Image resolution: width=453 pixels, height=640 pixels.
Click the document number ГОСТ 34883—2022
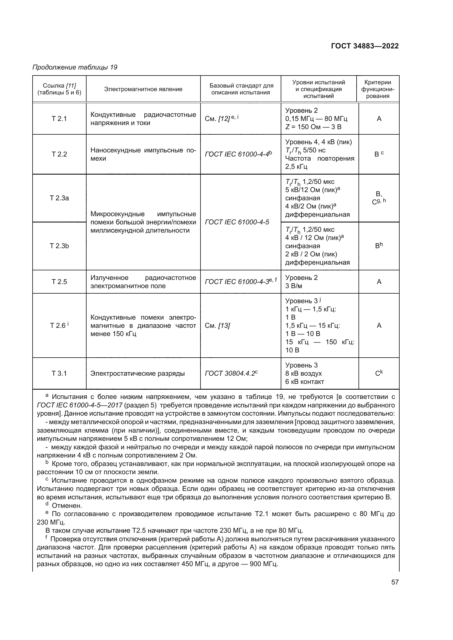tap(365, 46)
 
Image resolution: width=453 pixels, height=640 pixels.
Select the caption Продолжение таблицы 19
tap(75, 67)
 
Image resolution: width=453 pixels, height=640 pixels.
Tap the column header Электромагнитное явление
tap(143, 89)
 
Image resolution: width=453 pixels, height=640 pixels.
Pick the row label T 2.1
tap(59, 119)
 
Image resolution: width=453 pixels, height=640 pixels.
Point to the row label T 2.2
tap(59, 154)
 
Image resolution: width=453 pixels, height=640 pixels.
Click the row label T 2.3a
tap(59, 198)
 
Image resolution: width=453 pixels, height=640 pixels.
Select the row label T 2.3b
tap(59, 246)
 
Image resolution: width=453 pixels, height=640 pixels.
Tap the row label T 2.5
tap(59, 282)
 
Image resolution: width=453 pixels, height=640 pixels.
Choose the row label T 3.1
tap(59, 373)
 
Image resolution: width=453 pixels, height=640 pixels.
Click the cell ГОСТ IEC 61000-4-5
tap(237, 222)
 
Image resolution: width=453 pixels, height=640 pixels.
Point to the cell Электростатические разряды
tap(137, 373)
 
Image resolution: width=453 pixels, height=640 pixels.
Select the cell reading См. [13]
tap(217, 326)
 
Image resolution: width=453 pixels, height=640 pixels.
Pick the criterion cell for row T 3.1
tap(379, 373)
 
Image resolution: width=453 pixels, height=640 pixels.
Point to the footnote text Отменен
tap(67, 506)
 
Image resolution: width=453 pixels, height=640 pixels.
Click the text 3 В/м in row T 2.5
tap(293, 286)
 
